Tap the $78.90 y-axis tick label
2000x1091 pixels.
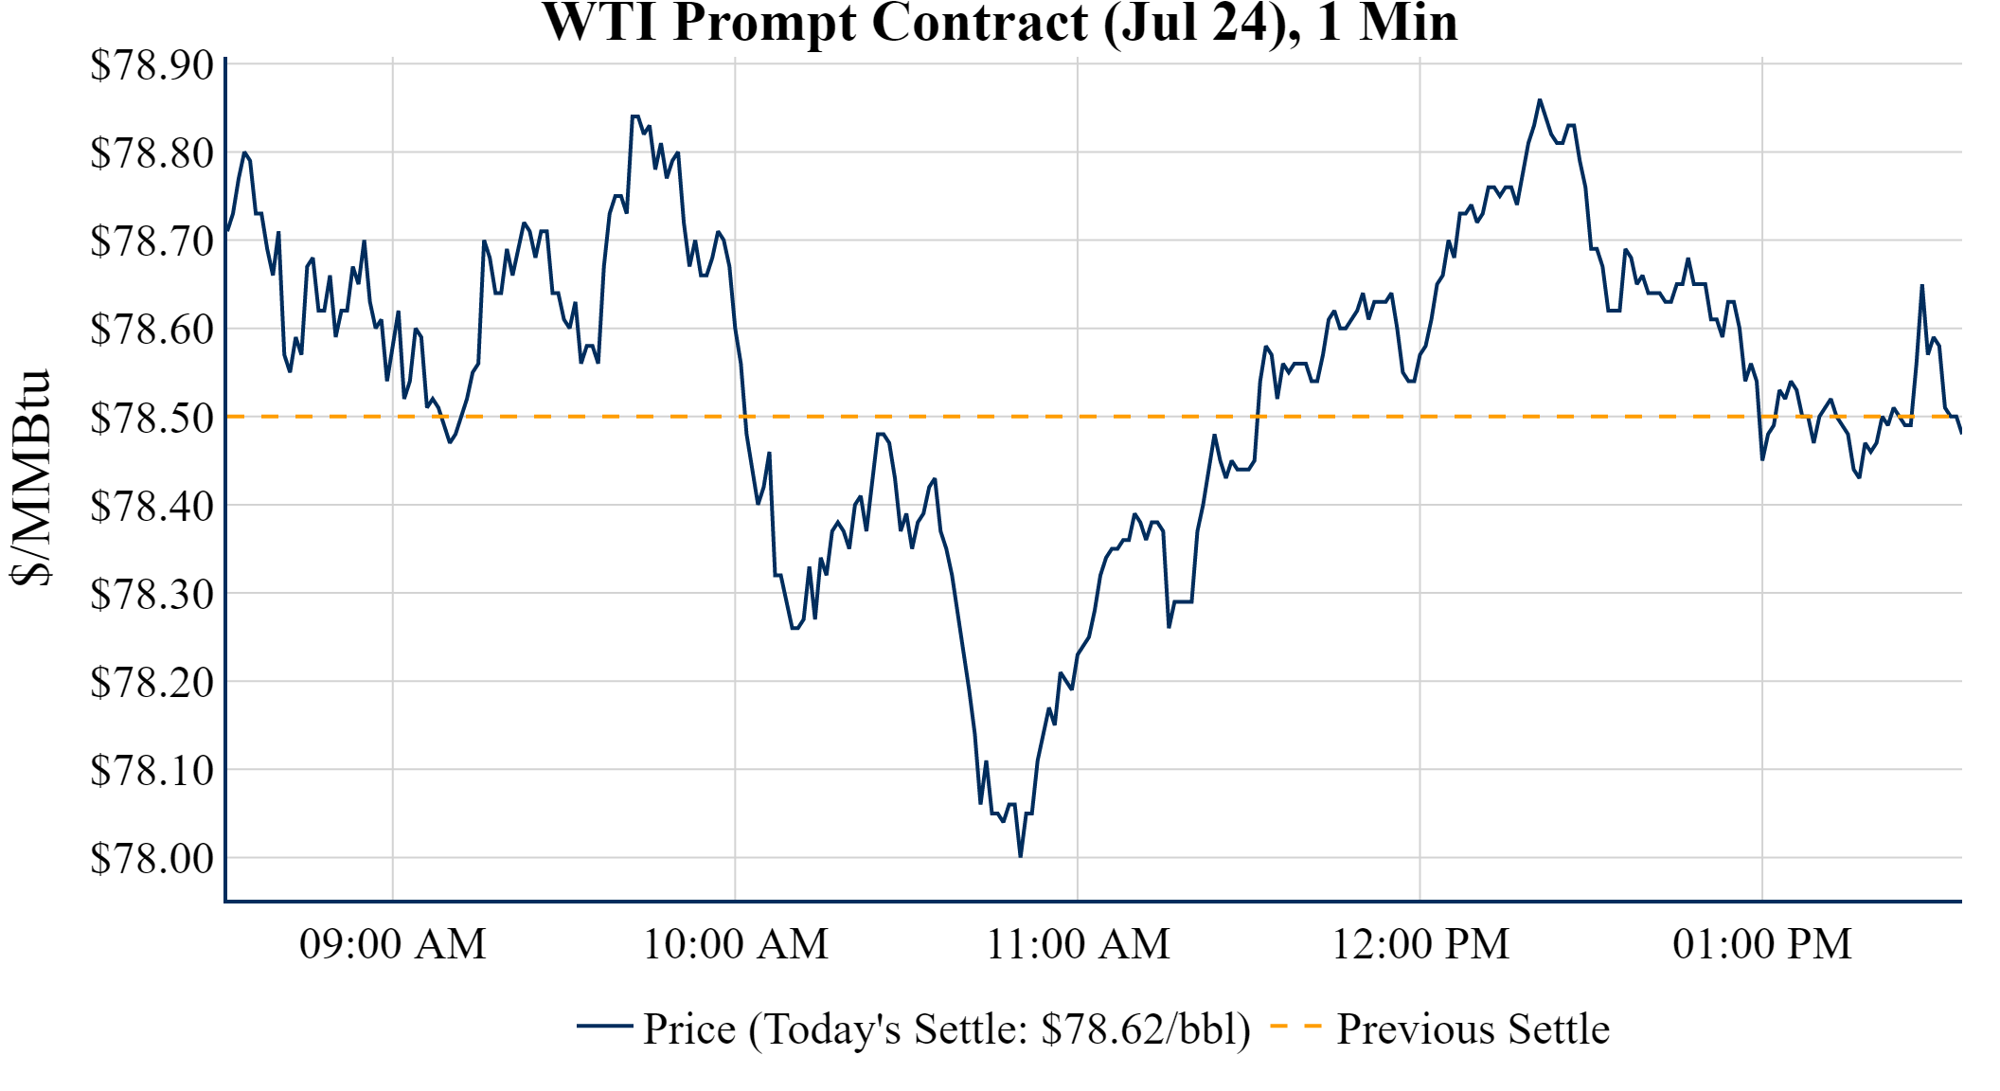click(x=152, y=65)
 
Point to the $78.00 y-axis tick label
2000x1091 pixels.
click(x=152, y=858)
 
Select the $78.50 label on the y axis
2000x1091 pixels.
click(x=152, y=418)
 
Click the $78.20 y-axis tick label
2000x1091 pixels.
click(x=152, y=682)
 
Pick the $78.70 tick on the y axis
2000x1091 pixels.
click(x=152, y=241)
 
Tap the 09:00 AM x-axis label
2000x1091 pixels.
click(x=392, y=944)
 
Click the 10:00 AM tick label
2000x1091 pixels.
click(x=735, y=944)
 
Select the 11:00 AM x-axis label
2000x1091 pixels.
click(x=1078, y=944)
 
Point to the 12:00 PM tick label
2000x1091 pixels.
click(x=1420, y=944)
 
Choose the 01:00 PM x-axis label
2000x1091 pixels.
click(x=1761, y=944)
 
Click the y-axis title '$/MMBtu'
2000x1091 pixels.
click(x=31, y=477)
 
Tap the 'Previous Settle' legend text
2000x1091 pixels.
click(x=1473, y=1028)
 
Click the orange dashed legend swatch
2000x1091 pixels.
click(x=1295, y=1027)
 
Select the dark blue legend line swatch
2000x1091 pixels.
click(x=604, y=1027)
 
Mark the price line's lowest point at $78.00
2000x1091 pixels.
click(x=1020, y=856)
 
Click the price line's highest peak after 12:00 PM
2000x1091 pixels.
click(x=1539, y=100)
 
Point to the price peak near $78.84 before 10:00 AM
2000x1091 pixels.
click(x=634, y=116)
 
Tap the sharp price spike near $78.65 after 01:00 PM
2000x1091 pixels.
click(x=1921, y=286)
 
